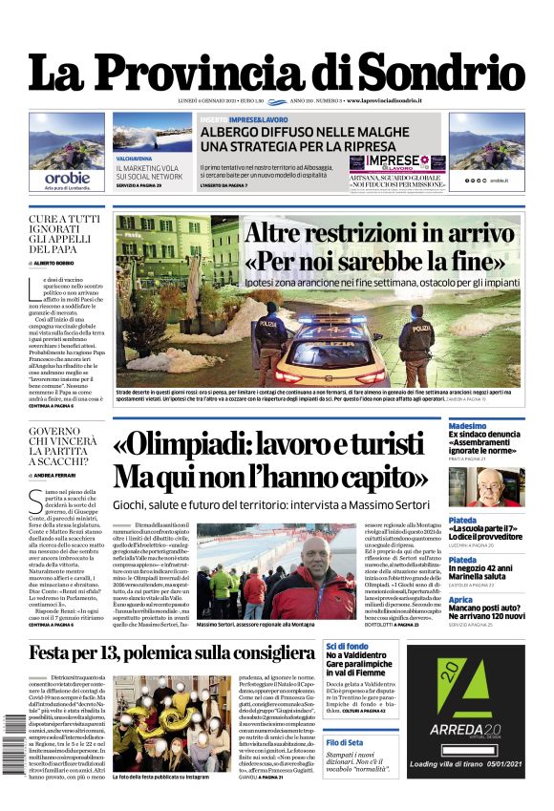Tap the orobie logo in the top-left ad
coord(68,177)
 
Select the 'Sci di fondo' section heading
coord(346,646)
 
